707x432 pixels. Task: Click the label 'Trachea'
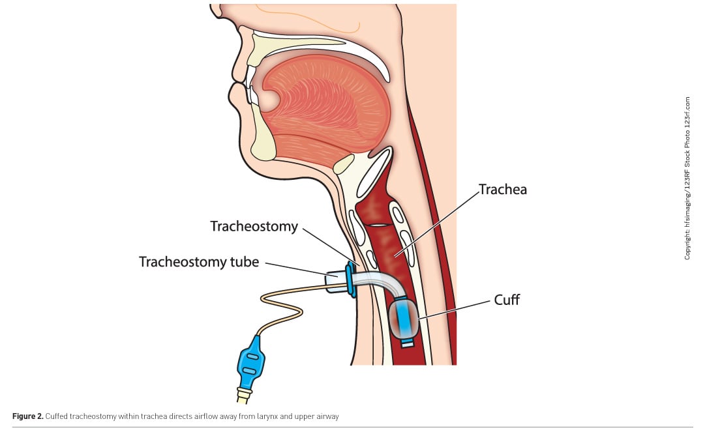[x=503, y=190]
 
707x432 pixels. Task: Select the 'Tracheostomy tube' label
[x=199, y=262]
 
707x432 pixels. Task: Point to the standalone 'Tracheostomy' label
[x=254, y=227]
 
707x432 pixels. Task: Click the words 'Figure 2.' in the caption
[x=28, y=415]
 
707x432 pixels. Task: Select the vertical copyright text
[x=687, y=179]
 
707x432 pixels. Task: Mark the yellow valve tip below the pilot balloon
[x=243, y=394]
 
